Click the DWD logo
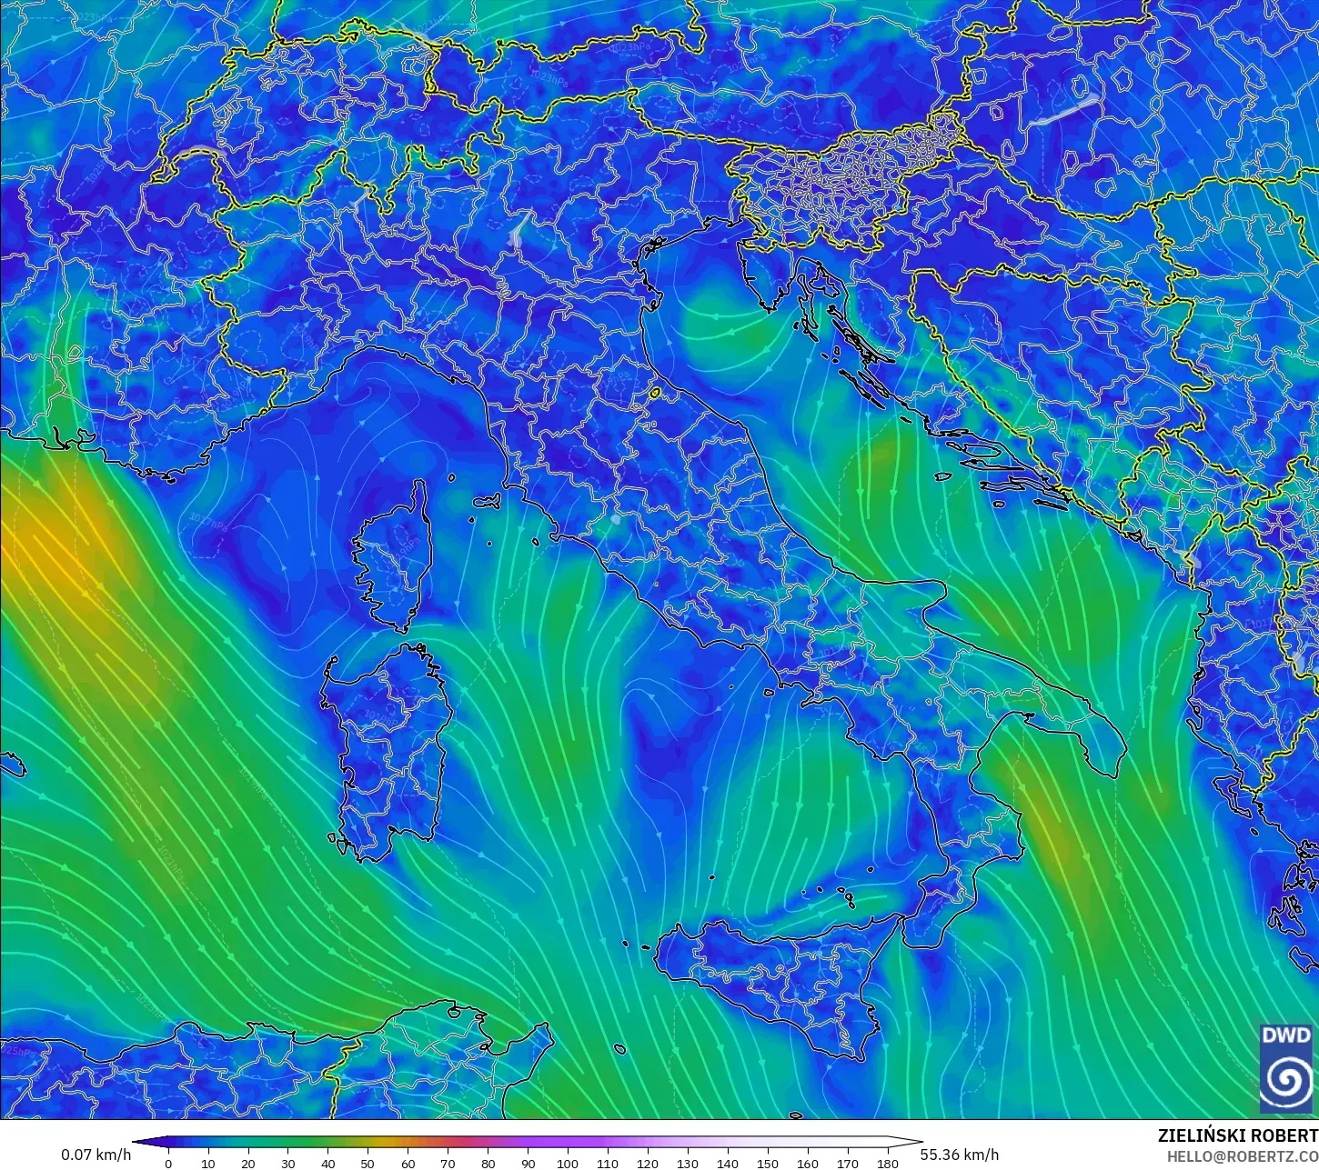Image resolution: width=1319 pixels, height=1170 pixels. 1286,1067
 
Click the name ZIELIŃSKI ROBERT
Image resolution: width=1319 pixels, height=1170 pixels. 1237,1135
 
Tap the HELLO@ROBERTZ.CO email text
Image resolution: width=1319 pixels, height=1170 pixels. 1242,1156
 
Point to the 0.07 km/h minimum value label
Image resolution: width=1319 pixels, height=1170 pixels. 96,1155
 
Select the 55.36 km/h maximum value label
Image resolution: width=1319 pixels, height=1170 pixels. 960,1155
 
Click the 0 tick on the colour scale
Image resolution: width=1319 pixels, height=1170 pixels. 168,1163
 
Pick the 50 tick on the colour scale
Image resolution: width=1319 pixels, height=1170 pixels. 368,1163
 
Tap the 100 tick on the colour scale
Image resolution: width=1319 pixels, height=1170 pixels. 568,1163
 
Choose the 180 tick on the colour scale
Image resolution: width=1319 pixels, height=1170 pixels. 887,1163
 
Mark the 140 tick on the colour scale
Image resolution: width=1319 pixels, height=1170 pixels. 727,1163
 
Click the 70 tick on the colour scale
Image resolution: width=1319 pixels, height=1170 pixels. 448,1163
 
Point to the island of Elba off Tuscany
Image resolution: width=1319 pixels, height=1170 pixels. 488,501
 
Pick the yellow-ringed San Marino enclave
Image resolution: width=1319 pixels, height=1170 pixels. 654,394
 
